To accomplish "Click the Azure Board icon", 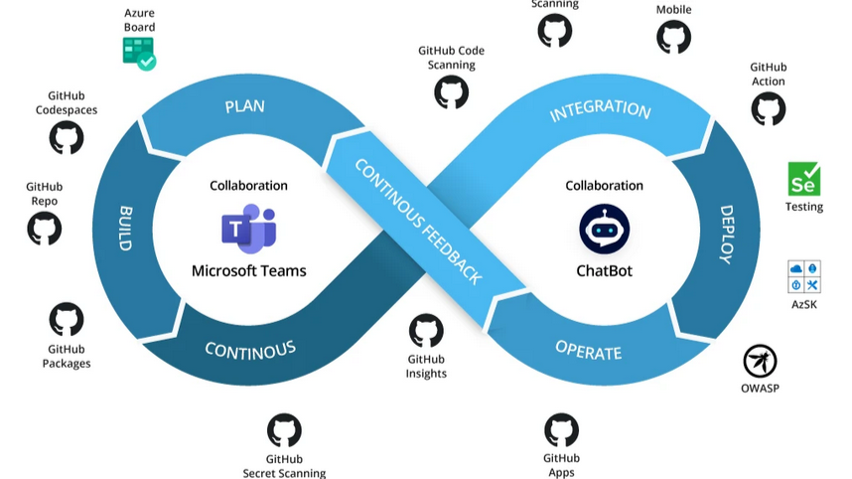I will click(139, 53).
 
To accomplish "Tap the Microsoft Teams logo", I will click(248, 230).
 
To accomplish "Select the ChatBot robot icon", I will click(604, 229).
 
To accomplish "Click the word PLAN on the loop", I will click(244, 106).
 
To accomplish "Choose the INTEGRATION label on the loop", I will click(600, 109).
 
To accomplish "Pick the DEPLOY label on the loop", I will click(726, 235).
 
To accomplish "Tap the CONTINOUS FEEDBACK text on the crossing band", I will click(418, 221).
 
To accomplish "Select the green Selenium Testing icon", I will click(803, 179).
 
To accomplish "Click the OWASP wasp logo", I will click(760, 361).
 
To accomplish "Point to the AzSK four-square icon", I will click(803, 277).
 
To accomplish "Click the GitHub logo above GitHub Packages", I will click(67, 319).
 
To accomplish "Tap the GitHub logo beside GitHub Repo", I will click(44, 230).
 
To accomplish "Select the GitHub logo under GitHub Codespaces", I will click(67, 137).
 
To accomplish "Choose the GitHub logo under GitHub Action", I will click(768, 107).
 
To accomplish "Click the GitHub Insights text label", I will click(426, 366).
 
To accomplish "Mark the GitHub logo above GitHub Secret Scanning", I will click(284, 431).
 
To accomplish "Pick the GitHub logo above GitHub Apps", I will click(561, 430).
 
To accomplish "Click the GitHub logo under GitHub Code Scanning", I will click(451, 91).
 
